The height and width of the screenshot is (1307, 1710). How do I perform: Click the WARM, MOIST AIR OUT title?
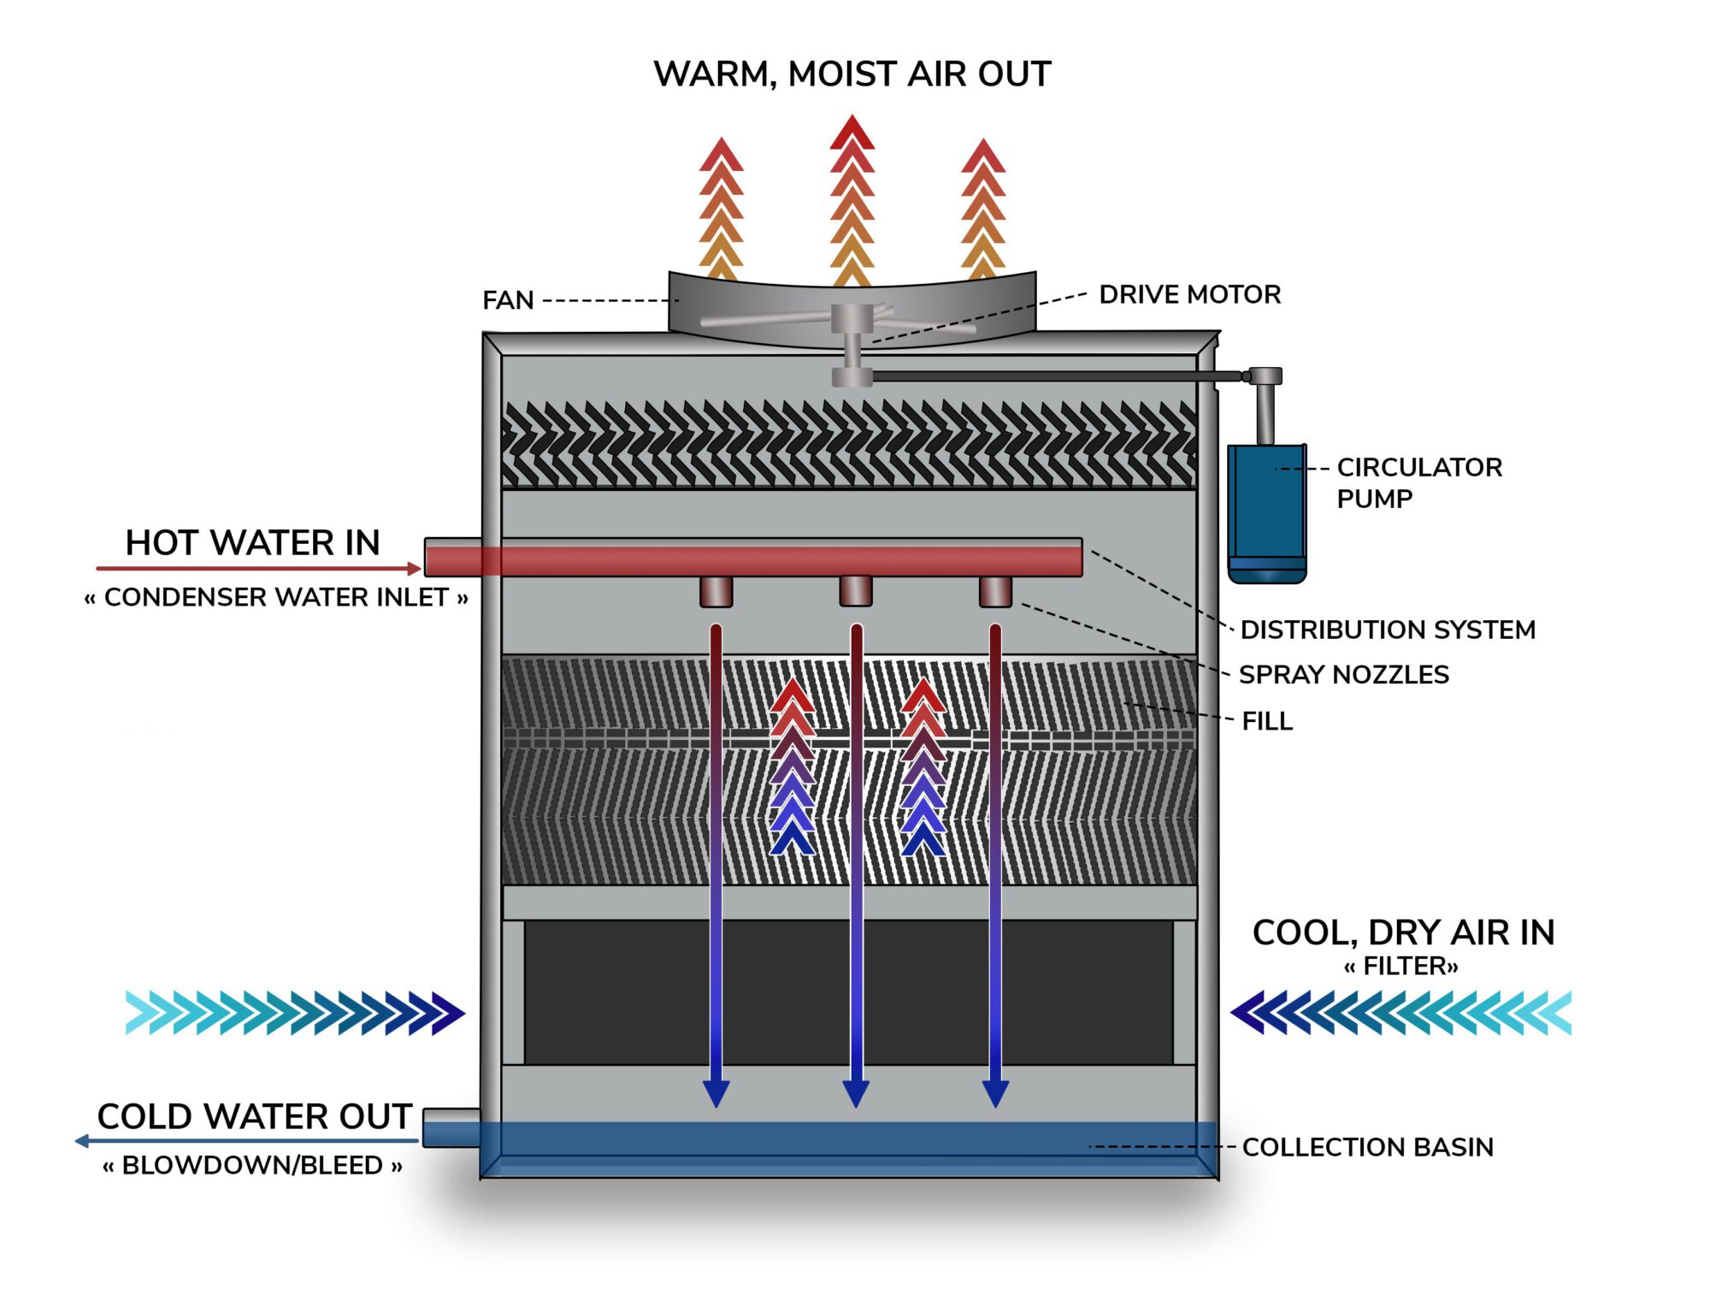pos(852,74)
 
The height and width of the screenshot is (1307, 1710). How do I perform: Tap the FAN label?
pos(508,300)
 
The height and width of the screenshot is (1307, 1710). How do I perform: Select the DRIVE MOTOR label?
pos(1189,294)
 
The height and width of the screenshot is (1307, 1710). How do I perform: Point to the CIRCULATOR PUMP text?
pos(1418,482)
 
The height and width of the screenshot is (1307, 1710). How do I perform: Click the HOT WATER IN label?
pos(252,542)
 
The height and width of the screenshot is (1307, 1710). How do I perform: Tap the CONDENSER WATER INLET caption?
pos(276,597)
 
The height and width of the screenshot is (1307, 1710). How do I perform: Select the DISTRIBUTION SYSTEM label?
pos(1387,630)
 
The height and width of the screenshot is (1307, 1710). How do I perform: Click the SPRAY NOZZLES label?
pos(1343,675)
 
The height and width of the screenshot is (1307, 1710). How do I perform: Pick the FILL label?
pos(1266,721)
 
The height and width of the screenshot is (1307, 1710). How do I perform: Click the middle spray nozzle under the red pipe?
pos(855,590)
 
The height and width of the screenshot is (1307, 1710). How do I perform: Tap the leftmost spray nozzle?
pos(716,591)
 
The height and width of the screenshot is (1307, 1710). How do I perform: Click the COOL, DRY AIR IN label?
pos(1403,932)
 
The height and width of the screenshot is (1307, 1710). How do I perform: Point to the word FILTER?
pos(1400,967)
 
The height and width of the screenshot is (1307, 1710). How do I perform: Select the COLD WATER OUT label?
pos(255,1116)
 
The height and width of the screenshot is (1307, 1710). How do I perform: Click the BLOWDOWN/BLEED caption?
pos(252,1165)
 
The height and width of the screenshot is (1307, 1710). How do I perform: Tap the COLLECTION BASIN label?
pos(1367,1147)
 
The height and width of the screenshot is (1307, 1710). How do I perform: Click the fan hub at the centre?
pos(852,319)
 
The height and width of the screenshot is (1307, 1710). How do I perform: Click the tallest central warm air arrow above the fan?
pos(852,197)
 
